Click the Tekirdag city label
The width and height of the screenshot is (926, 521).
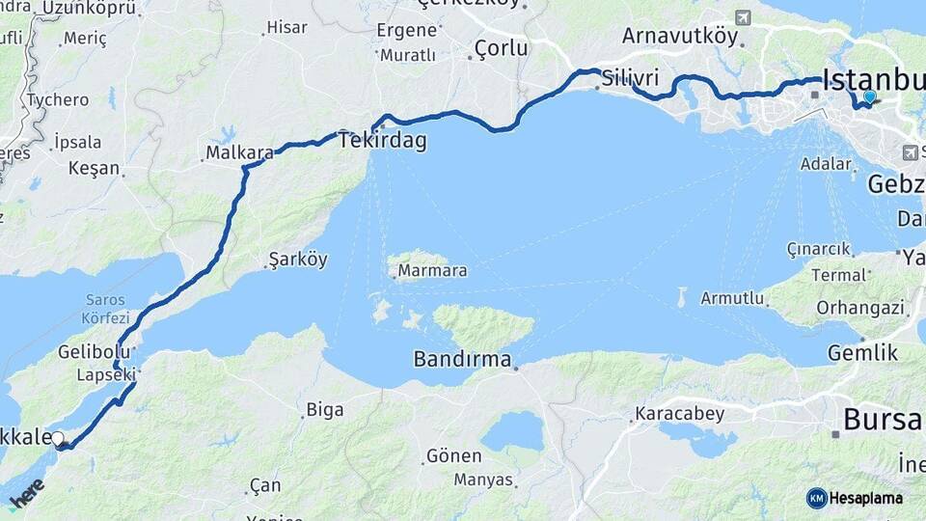pos(382,140)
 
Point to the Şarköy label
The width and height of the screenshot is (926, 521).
pos(298,260)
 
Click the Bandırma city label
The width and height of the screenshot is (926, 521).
pos(462,359)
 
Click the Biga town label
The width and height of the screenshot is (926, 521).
pos(324,410)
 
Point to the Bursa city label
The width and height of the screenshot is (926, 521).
pos(883,420)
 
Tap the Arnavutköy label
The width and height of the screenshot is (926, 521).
pos(680,37)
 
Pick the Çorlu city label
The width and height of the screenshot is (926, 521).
pos(502,48)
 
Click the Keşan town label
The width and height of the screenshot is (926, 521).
pos(94,168)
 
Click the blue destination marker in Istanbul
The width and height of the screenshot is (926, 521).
pos(870,96)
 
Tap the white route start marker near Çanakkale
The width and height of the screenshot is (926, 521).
pos(58,439)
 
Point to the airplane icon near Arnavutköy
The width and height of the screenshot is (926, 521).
pos(743,17)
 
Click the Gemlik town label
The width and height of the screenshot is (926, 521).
pos(863,352)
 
